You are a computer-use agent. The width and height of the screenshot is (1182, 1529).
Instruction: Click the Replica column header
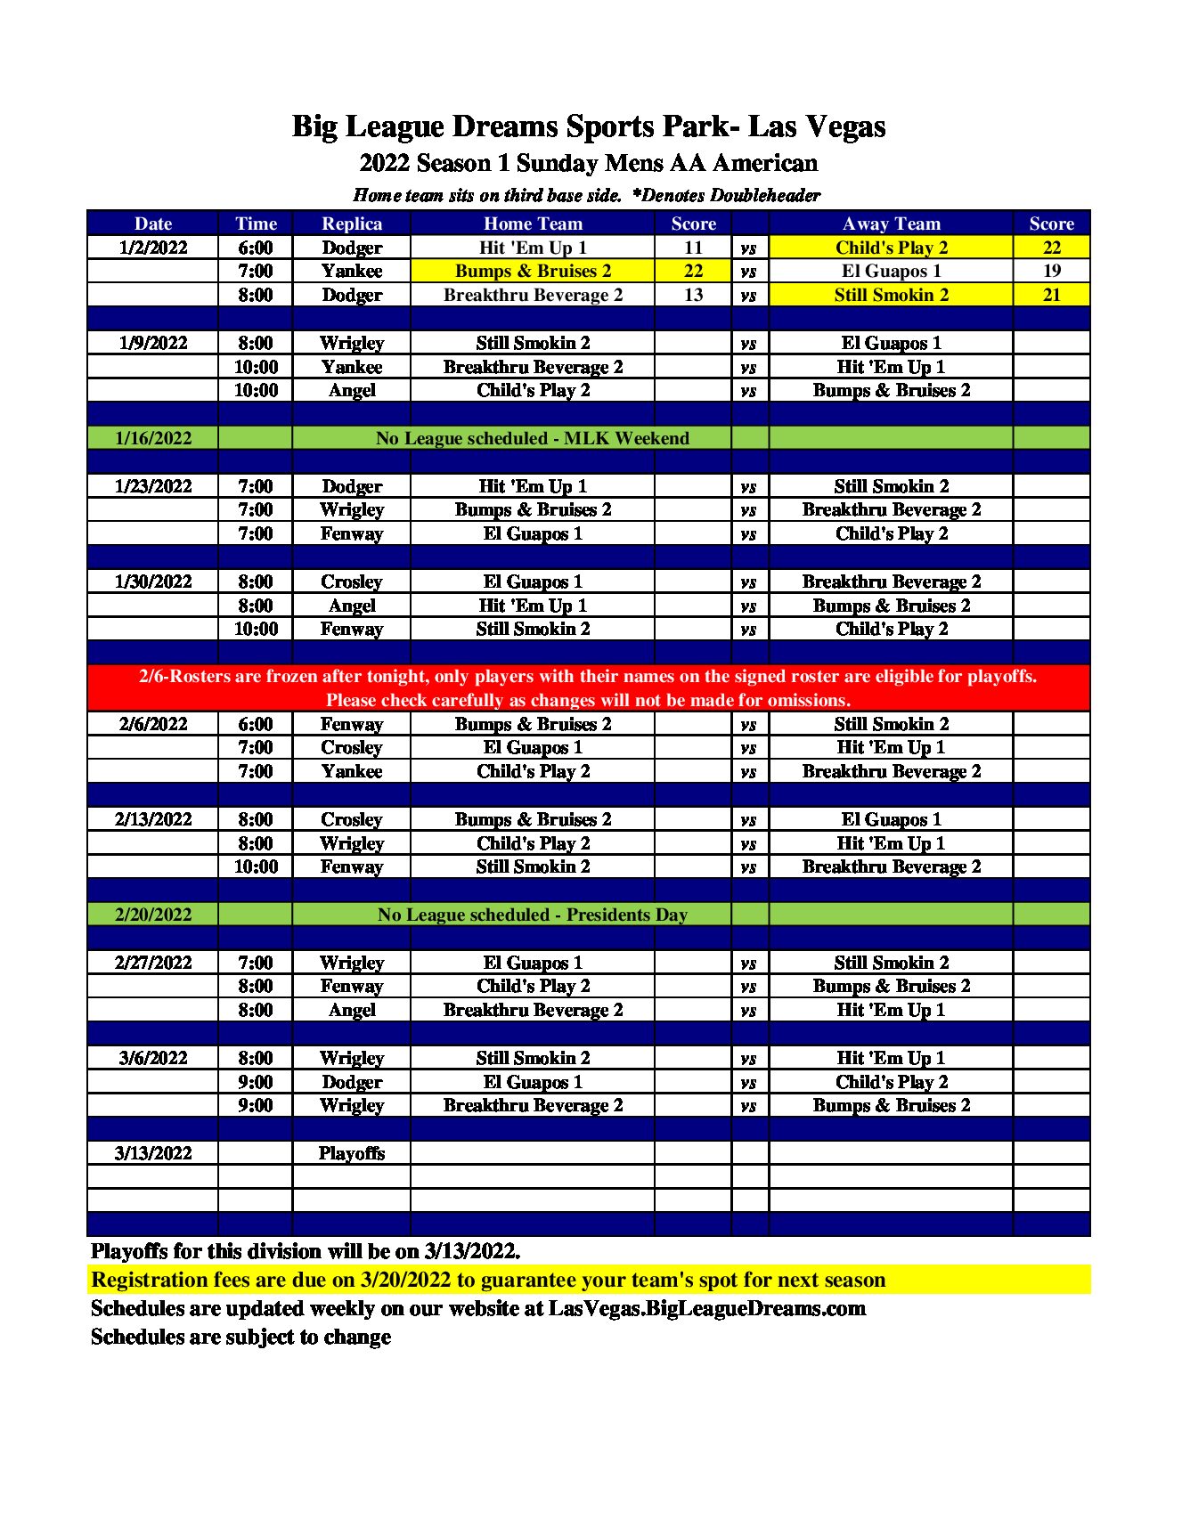click(x=352, y=224)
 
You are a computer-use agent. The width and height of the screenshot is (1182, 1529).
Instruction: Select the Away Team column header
click(x=891, y=224)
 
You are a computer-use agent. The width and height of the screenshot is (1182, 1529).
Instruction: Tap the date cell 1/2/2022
click(x=153, y=248)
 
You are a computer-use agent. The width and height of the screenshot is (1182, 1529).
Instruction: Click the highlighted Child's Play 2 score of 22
click(x=1051, y=248)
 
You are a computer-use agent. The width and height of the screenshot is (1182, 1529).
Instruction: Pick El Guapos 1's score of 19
click(x=1051, y=271)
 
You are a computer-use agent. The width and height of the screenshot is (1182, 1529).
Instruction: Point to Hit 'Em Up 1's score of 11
click(x=693, y=248)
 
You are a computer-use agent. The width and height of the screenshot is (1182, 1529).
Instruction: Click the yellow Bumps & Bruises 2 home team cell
click(x=533, y=271)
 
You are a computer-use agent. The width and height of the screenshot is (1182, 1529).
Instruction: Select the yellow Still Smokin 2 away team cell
click(x=891, y=295)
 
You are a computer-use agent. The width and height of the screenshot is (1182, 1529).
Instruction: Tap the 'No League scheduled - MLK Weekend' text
click(x=532, y=438)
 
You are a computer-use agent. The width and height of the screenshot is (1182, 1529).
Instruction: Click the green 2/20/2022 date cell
click(x=153, y=915)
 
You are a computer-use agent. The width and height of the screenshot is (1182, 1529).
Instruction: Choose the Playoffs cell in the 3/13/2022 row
click(x=352, y=1153)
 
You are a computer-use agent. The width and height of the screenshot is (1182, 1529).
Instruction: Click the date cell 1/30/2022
click(x=153, y=582)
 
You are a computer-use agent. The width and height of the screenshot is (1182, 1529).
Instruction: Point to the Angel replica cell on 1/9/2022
click(x=352, y=390)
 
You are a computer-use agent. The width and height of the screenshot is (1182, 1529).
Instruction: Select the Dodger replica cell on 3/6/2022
click(x=352, y=1082)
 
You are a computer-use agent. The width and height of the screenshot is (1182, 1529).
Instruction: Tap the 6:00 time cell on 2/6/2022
click(x=256, y=724)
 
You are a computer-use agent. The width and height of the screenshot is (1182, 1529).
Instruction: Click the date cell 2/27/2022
click(x=153, y=963)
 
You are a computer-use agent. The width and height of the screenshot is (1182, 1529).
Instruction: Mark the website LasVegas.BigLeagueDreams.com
click(x=706, y=1308)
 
